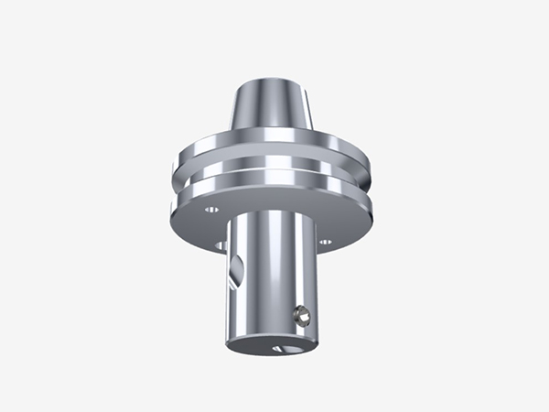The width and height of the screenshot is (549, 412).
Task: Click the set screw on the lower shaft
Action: click(x=303, y=317)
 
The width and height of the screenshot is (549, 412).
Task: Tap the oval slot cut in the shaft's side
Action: click(x=237, y=272)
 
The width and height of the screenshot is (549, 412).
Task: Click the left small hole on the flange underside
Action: click(x=211, y=209)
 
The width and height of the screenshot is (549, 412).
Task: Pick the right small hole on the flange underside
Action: click(x=325, y=242)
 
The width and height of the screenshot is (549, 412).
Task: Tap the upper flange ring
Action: click(x=274, y=151)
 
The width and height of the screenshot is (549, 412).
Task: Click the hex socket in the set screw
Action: click(x=305, y=317)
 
